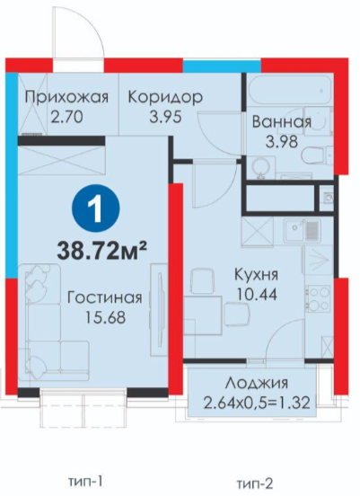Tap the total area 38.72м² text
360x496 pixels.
pos(102,251)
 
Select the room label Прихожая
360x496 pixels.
pos(66,97)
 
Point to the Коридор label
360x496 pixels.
pos(165,97)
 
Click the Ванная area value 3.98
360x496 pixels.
pos(282,142)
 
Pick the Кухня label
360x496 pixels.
pos(257,275)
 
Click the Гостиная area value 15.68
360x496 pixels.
pos(105,317)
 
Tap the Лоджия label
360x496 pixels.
pos(257,384)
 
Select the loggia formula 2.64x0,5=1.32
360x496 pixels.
pos(257,403)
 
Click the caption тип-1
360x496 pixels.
pos(85,483)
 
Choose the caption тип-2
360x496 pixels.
pos(255,483)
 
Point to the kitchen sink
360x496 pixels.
pos(302,231)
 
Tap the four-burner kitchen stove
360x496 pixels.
pos(317,297)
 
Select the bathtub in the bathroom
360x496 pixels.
pos(290,90)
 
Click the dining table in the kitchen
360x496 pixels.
pos(203,315)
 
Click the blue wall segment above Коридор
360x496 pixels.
pos(222,66)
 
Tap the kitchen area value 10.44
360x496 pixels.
pos(257,295)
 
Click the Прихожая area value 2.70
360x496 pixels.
pos(67,117)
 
